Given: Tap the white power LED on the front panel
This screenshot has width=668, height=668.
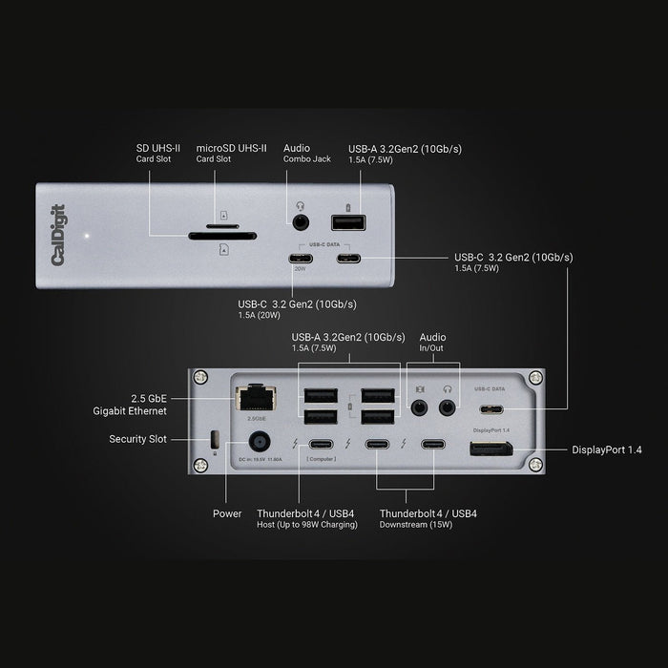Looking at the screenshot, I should (87, 234).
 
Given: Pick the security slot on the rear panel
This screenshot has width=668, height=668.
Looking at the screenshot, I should (214, 440).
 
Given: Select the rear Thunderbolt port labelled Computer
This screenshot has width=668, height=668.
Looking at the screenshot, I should (320, 445).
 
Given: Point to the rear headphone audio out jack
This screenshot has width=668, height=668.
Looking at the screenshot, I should (447, 407).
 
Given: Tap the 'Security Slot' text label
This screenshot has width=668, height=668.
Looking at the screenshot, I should (139, 440).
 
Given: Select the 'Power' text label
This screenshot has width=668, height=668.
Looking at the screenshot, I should (226, 513).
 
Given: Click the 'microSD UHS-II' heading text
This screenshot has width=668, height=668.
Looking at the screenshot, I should (231, 148).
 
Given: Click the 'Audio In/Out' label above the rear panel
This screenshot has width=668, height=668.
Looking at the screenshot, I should (432, 343).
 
